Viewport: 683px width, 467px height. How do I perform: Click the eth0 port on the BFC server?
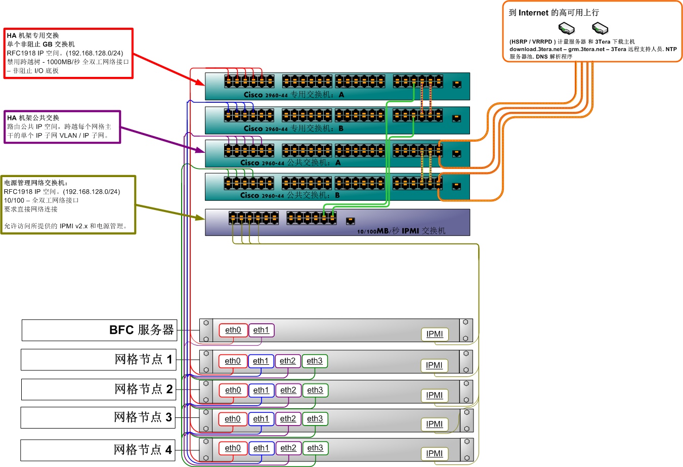(233, 330)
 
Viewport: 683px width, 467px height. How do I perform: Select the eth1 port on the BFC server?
(261, 330)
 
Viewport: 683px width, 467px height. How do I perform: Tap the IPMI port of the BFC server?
(434, 334)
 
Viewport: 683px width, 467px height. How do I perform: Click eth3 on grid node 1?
(314, 361)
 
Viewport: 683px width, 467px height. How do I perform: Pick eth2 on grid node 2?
(288, 391)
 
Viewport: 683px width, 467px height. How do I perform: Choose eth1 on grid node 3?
(261, 419)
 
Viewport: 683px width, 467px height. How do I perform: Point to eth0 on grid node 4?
(233, 448)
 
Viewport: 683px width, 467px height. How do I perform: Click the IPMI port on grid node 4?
(434, 454)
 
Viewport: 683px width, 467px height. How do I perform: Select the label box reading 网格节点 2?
(99, 390)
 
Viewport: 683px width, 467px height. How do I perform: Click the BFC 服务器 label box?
(99, 330)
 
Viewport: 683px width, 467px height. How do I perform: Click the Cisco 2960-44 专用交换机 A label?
(293, 95)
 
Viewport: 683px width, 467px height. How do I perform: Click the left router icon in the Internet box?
(566, 28)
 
